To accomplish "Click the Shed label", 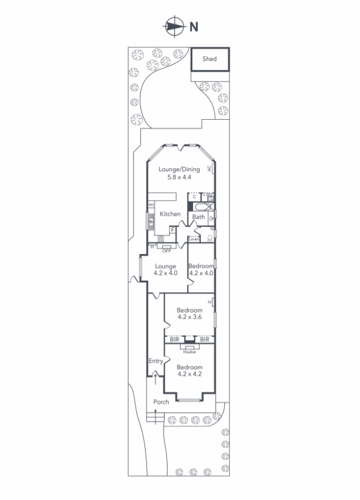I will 209,59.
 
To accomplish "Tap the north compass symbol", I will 174,26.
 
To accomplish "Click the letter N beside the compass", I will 194,26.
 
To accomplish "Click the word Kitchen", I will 170,214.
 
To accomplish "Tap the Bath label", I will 198,217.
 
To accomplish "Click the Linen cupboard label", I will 194,239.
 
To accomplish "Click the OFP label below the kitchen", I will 166,250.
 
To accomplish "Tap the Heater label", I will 189,352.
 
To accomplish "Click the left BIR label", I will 174,340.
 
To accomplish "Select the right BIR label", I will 205,340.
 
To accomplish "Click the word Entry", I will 156,361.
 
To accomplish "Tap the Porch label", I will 160,402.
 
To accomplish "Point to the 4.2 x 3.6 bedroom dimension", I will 189,316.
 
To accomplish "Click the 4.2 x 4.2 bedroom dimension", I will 189,374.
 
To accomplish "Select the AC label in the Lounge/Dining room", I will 209,169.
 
